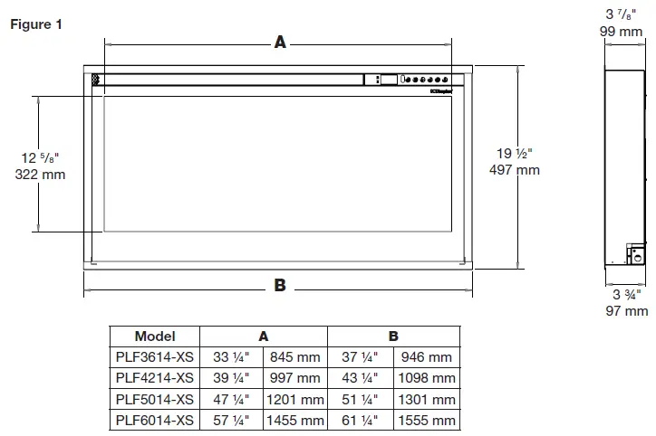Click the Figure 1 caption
point(37,24)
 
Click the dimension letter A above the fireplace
point(280,42)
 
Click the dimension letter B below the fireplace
point(280,285)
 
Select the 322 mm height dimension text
point(40,175)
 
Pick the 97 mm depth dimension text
point(626,311)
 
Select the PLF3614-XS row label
point(154,357)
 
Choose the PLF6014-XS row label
point(154,421)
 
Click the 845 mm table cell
point(294,357)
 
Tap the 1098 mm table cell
point(425,378)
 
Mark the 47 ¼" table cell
point(231,399)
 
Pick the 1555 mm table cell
point(425,421)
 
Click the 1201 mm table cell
point(294,399)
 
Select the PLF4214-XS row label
point(154,378)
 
